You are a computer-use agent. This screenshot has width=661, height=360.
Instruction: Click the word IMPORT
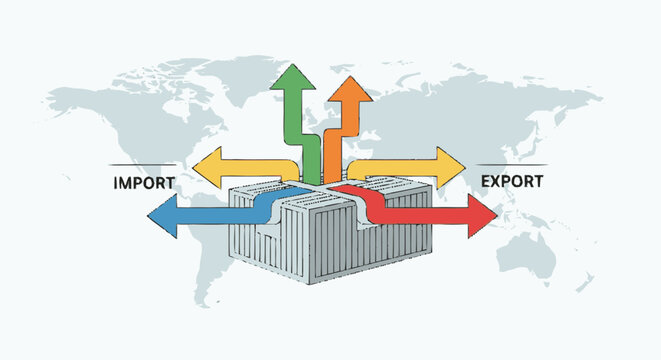[x=144, y=183]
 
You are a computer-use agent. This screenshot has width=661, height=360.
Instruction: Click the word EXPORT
[x=512, y=182]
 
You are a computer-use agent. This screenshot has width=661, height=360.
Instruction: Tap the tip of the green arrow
[x=292, y=65]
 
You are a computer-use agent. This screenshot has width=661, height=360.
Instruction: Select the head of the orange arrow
[x=350, y=89]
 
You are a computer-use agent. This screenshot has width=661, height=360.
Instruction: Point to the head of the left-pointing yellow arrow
[x=207, y=167]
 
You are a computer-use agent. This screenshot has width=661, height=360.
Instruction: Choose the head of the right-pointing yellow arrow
[x=451, y=167]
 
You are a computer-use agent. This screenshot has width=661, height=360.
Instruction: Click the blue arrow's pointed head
[x=162, y=216]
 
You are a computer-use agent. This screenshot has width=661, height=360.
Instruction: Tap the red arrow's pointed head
[x=482, y=216]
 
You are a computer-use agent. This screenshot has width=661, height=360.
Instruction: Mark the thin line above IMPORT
[x=142, y=164]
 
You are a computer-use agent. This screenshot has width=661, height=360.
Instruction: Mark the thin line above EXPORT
[x=512, y=164]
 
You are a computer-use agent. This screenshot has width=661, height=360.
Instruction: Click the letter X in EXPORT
[x=497, y=182]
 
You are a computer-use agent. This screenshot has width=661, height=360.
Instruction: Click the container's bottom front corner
[x=309, y=284]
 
